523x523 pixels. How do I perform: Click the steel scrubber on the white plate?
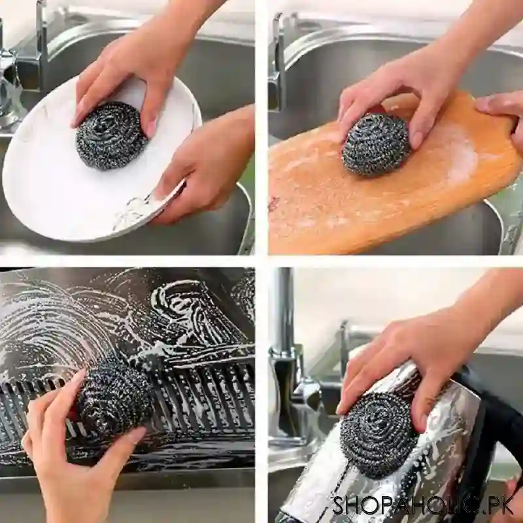pos(110,135)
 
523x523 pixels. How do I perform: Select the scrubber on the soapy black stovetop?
pos(114,401)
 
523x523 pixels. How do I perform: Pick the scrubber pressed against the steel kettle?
pos(379,435)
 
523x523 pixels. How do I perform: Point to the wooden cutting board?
pos(340,203)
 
